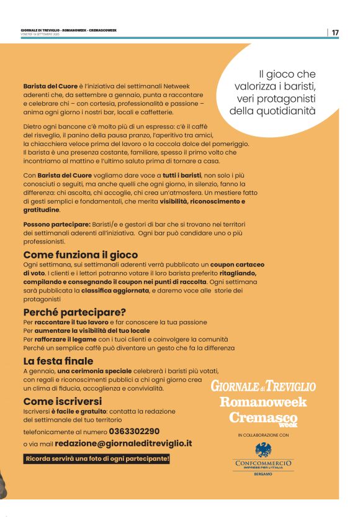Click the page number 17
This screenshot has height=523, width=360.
(x=335, y=32)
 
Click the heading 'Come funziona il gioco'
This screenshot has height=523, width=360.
(x=80, y=255)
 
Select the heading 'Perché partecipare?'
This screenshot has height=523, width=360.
(x=74, y=312)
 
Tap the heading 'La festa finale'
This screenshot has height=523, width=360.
(x=58, y=361)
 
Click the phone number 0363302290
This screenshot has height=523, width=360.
(x=134, y=431)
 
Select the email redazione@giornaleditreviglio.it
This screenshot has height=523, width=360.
(x=124, y=444)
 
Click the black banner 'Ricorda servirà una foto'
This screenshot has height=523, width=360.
(x=96, y=459)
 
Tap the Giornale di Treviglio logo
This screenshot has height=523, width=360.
(x=263, y=386)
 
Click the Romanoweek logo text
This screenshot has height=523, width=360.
(x=263, y=401)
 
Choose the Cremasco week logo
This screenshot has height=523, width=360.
(x=263, y=418)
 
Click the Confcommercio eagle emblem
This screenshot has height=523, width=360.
(x=263, y=449)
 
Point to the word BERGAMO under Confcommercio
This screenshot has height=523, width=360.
(x=263, y=474)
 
